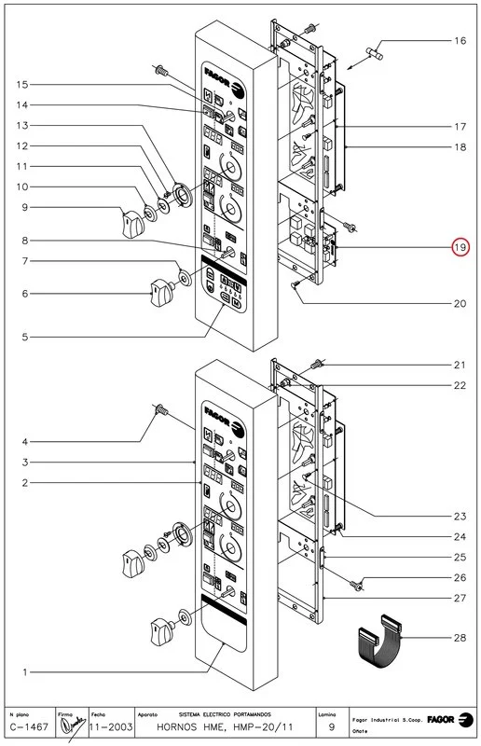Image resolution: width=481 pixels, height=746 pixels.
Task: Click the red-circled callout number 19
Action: (x=460, y=248)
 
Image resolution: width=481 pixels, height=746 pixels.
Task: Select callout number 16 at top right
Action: (x=460, y=41)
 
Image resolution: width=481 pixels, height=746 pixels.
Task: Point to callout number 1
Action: (x=24, y=671)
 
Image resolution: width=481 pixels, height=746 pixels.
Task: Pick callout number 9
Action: (x=24, y=207)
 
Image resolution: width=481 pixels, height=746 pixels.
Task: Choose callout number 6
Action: (x=24, y=294)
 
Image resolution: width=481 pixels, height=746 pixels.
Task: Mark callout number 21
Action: (x=460, y=365)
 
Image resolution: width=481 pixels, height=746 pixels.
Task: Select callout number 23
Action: (x=460, y=516)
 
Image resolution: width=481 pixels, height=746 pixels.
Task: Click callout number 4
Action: (x=24, y=441)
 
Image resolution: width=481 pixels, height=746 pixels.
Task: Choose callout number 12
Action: (x=24, y=145)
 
